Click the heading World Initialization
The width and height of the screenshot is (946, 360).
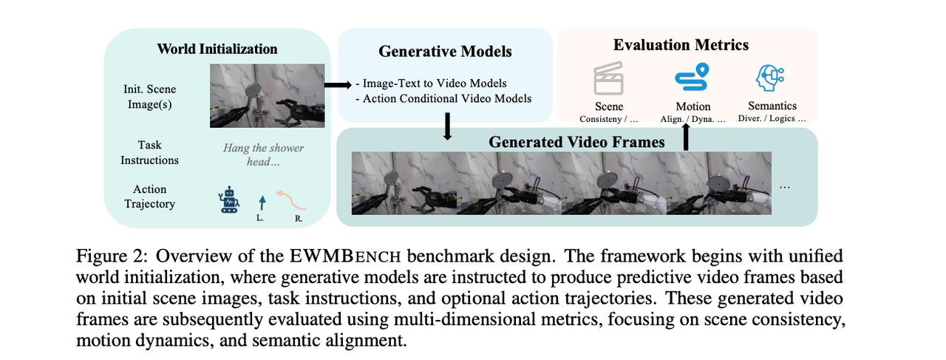point(217,50)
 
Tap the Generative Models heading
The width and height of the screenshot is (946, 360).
point(445,51)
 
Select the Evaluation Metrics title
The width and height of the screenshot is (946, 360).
point(681,45)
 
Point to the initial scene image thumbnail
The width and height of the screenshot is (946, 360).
point(267,96)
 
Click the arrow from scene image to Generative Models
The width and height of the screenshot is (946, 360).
point(338,85)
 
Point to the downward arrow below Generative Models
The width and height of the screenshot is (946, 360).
point(446,126)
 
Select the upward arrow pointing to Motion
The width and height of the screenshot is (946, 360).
point(685,137)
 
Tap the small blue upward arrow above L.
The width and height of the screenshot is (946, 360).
point(259,203)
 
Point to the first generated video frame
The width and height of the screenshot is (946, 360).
point(403,183)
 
